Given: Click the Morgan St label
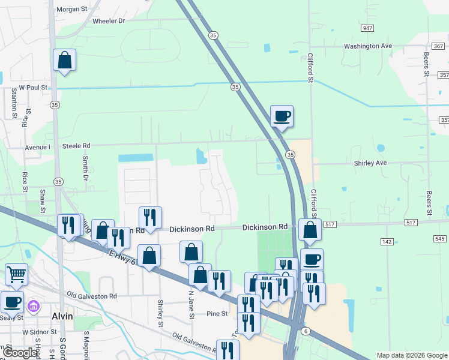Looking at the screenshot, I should click(71, 9).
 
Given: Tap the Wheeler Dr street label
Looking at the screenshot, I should click(109, 21).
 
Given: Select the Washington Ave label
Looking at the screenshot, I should click(367, 46).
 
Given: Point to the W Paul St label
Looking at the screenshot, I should click(33, 88).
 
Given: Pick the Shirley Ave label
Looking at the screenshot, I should click(370, 163).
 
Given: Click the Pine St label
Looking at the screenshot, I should click(217, 314).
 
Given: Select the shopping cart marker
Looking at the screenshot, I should click(16, 274).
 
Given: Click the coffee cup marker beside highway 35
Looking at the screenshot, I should click(281, 116).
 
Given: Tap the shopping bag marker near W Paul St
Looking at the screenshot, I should click(64, 60).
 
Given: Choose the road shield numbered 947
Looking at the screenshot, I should click(368, 28).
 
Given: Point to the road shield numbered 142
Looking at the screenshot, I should click(387, 241).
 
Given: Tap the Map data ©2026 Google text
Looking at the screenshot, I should click(411, 355).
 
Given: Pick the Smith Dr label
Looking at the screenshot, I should click(86, 169).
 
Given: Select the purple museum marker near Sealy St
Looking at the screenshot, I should click(34, 307).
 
